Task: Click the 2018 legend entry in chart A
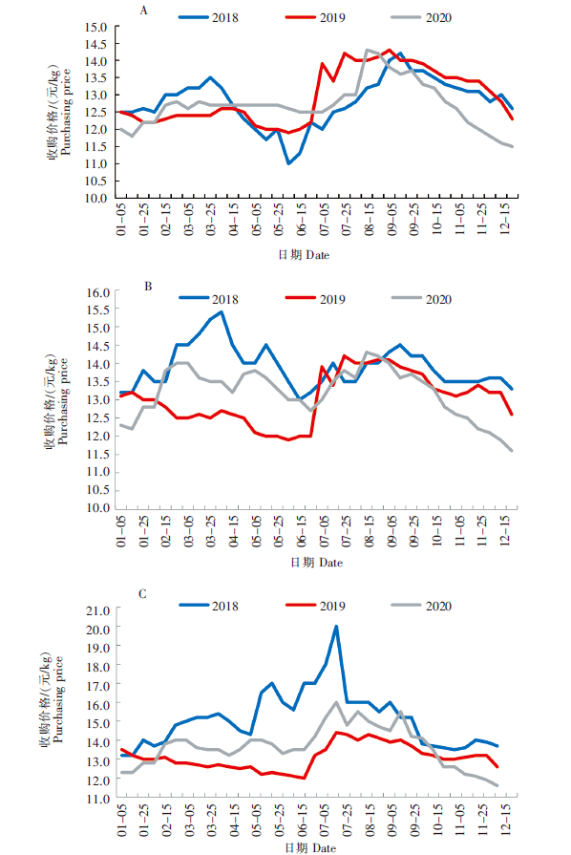coord(209,17)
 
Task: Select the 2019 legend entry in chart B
coord(315,299)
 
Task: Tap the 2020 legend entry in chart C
coord(421,606)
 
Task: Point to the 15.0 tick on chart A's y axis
coord(95,27)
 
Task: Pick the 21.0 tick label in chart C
coord(98,610)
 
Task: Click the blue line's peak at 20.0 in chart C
coord(336,627)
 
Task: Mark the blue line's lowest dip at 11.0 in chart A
coord(288,163)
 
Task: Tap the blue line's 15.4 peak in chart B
coord(222,311)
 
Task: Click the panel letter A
coord(144,11)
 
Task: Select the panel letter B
coord(148,287)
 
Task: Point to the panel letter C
coord(143,594)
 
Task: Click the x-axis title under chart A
coord(304,255)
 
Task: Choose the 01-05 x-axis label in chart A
coord(121,220)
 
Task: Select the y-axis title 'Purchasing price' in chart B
coord(63,401)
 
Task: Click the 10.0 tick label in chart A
coord(95,199)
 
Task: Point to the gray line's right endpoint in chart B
coord(512,450)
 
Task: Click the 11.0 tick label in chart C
coord(98,799)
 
